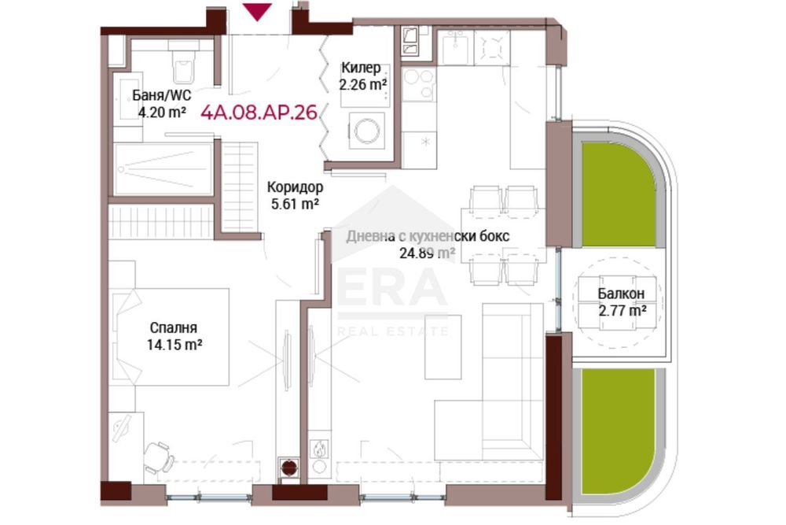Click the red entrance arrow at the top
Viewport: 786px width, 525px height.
tap(257, 11)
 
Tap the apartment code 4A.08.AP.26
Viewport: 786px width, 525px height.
tap(259, 113)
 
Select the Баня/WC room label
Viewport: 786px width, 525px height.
tap(162, 95)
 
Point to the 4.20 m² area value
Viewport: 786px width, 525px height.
tap(163, 112)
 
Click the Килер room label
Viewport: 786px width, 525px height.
tap(361, 67)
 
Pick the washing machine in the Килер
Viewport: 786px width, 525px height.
tap(367, 131)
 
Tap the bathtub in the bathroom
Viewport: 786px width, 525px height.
tap(163, 169)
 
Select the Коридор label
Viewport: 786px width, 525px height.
tap(295, 187)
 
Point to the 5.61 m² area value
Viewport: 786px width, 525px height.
tap(296, 205)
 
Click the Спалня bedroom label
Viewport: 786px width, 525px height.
tap(174, 327)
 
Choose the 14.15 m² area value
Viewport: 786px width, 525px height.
tap(174, 345)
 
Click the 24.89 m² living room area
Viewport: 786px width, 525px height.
tap(427, 253)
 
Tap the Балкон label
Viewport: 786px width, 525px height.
tap(621, 294)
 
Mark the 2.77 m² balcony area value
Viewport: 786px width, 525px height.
tap(622, 311)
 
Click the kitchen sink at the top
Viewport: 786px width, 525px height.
tap(455, 48)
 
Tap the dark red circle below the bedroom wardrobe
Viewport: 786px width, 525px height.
tap(288, 468)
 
